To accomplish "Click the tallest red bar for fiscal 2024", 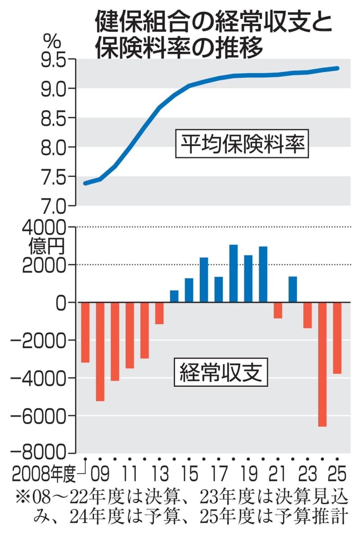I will [x=322, y=364].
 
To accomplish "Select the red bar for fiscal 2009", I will [x=100, y=351].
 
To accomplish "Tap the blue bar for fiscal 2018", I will [x=234, y=273].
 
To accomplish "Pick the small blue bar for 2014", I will [x=174, y=296].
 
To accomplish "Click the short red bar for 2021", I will [x=278, y=310].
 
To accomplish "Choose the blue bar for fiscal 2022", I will [x=293, y=289].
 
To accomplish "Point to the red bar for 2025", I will [x=337, y=338].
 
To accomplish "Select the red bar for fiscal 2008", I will [x=85, y=332].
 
